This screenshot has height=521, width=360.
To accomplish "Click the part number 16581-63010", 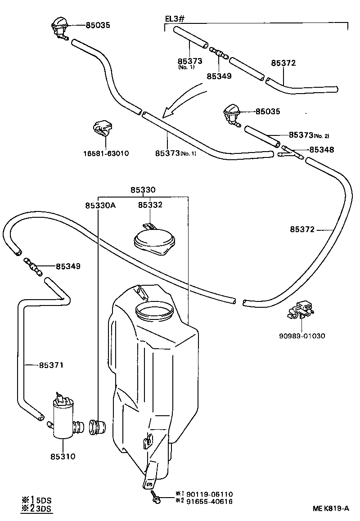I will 106,153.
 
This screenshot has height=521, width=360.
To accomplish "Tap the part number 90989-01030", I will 302,336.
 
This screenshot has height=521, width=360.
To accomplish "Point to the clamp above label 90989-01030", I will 301,310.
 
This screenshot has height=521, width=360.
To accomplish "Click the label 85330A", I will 100,205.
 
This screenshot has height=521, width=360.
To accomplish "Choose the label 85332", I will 150,205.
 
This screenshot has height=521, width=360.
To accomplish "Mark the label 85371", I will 50,365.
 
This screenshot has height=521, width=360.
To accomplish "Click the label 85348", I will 321,150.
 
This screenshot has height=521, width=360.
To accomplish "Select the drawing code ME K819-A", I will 331,508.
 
